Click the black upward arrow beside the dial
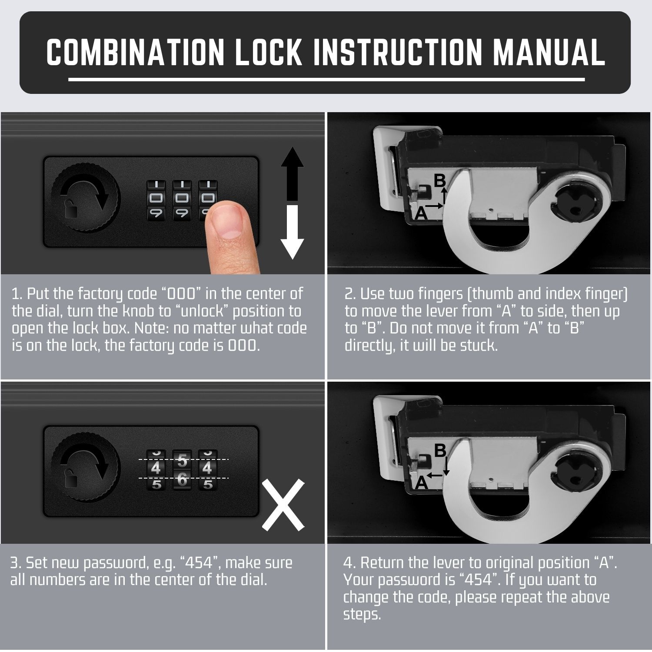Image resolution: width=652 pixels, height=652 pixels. coord(292,174)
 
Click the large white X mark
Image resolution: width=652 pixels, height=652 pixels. coord(283,505)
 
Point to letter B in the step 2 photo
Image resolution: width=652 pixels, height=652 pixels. coord(440,180)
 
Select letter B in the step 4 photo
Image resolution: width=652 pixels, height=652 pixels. coord(440,450)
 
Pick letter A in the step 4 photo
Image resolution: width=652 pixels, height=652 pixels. coord(421,482)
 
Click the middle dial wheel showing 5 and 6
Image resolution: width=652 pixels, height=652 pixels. coord(182,469)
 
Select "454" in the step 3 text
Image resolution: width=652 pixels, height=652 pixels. coord(199,563)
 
